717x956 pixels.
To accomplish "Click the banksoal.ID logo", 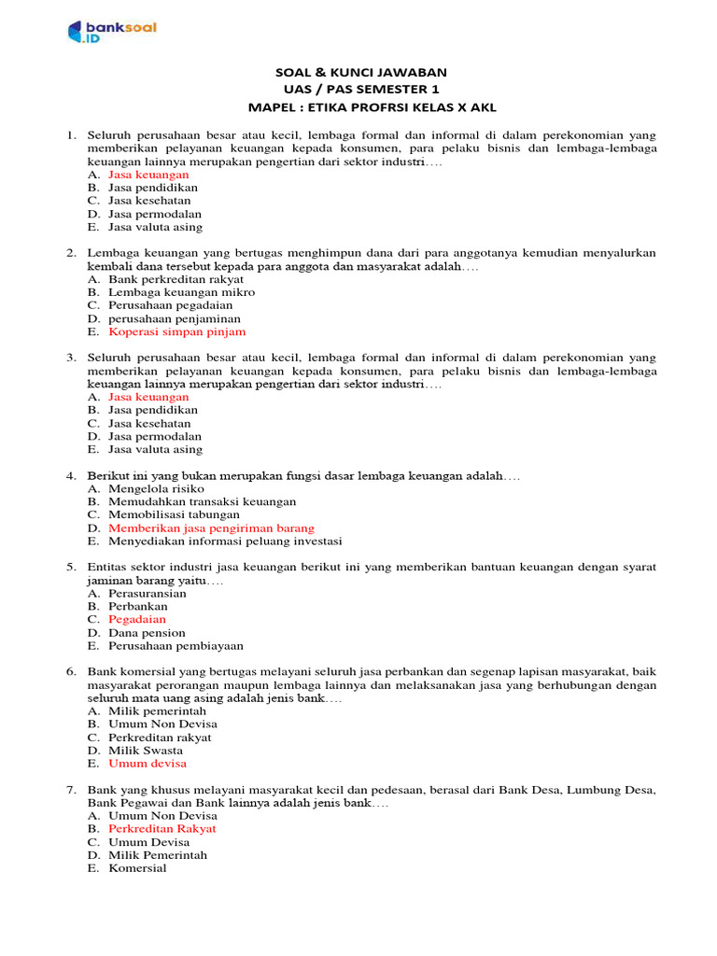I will coord(111,33).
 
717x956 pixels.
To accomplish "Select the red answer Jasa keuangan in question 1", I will coord(148,175).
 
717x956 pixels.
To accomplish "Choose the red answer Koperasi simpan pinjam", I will coord(177,331).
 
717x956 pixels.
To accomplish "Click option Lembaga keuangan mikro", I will coord(181,292).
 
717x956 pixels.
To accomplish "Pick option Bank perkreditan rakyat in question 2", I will coord(176,279).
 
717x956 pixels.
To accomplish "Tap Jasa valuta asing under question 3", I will coord(155,449).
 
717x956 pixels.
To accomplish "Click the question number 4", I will coord(71,476).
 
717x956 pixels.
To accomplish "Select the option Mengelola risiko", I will coord(156,489).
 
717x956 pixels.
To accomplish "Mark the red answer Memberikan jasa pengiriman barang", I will coord(211,528).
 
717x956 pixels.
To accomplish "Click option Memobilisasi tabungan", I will coord(174,514).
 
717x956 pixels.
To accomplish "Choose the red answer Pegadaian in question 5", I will coord(137,619).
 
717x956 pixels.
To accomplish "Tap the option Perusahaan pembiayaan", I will coord(176,646).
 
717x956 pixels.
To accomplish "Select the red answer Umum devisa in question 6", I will coord(148,764).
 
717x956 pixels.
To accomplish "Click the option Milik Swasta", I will coord(146,751).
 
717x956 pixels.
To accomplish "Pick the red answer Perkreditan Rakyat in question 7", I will coord(162,829).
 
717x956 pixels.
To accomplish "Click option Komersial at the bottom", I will coord(137,868).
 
